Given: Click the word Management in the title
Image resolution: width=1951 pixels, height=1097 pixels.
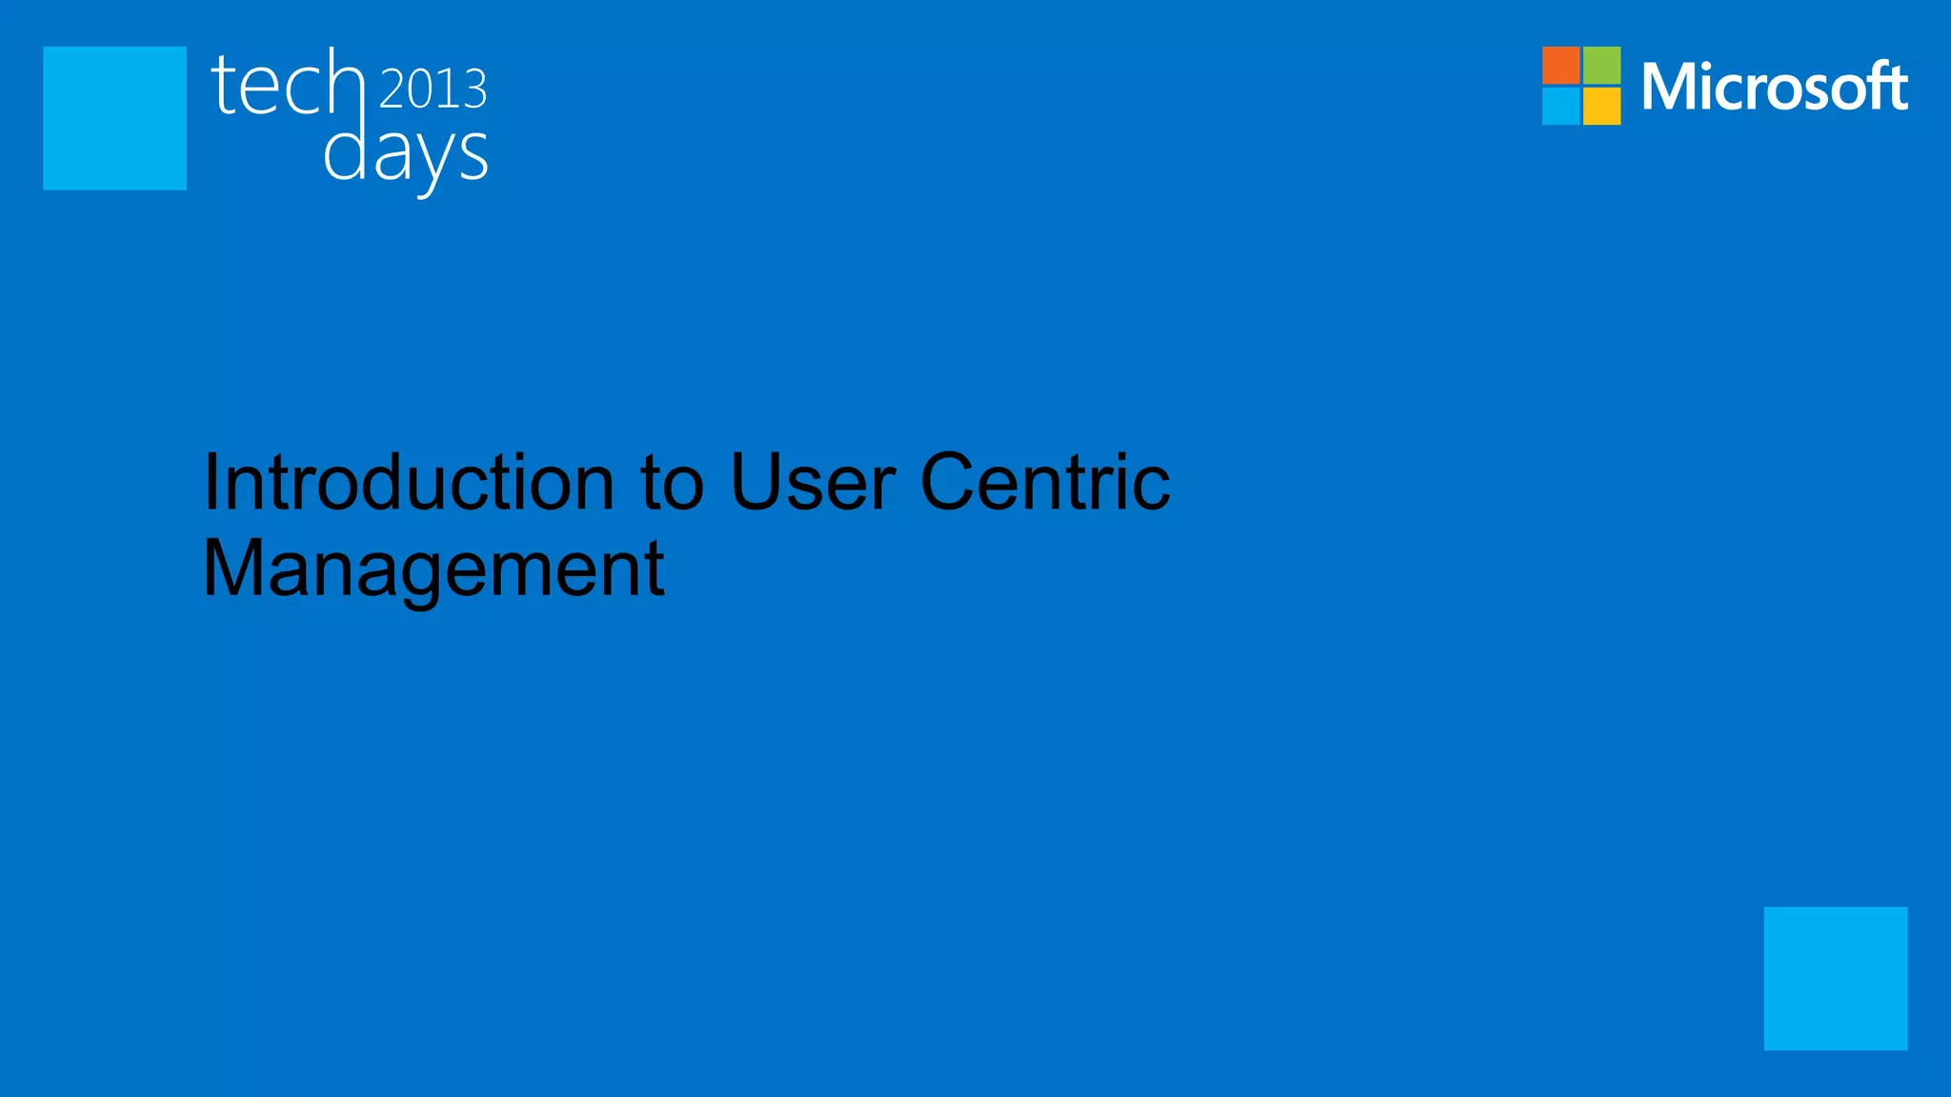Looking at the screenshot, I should click(x=433, y=568).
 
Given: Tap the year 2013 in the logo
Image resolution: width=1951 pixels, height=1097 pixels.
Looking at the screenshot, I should click(x=433, y=89).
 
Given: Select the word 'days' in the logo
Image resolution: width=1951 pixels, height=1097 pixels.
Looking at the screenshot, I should click(x=406, y=155).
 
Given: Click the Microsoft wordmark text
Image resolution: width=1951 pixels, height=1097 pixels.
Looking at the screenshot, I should click(x=1774, y=87).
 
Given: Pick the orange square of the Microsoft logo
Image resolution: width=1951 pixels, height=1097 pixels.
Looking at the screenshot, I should click(x=1560, y=65).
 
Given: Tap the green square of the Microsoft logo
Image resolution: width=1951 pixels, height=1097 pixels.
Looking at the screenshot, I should click(x=1602, y=65).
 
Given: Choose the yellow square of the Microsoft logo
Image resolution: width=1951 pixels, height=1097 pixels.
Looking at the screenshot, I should click(x=1602, y=107).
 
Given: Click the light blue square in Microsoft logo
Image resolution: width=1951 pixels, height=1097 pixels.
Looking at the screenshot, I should click(x=1560, y=107).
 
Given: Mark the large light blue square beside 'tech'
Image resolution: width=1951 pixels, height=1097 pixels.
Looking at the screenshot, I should click(x=114, y=118).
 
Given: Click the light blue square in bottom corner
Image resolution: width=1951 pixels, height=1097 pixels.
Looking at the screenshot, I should click(x=1835, y=978).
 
